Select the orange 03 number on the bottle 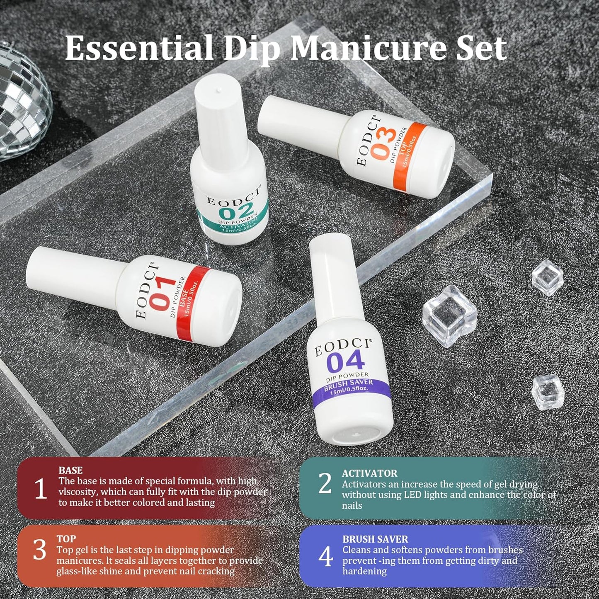[x=382, y=143]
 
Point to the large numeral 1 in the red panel [x=40, y=489]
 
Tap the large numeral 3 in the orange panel [x=39, y=550]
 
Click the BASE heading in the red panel [x=70, y=470]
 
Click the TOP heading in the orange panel [x=66, y=539]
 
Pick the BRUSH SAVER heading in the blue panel [x=375, y=539]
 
